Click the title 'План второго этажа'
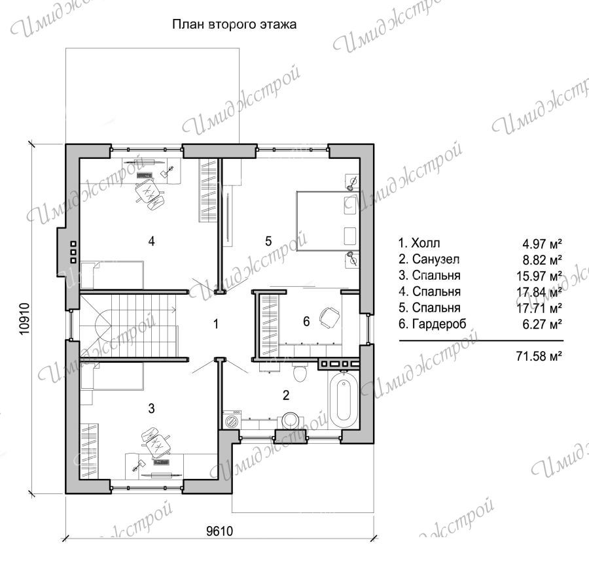[234, 25]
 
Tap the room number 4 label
[151, 241]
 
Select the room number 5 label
[268, 241]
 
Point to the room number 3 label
[151, 408]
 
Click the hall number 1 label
[215, 324]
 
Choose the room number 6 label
[306, 322]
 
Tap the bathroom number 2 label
[286, 395]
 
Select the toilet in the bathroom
[300, 371]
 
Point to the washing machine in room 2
[232, 420]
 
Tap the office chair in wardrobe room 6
[329, 317]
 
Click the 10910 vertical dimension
[24, 319]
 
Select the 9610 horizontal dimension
[220, 531]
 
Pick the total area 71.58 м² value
[539, 356]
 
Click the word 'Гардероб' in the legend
[439, 323]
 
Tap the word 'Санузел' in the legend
[436, 259]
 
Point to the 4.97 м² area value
[542, 244]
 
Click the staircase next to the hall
[128, 326]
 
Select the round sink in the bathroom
[291, 420]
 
